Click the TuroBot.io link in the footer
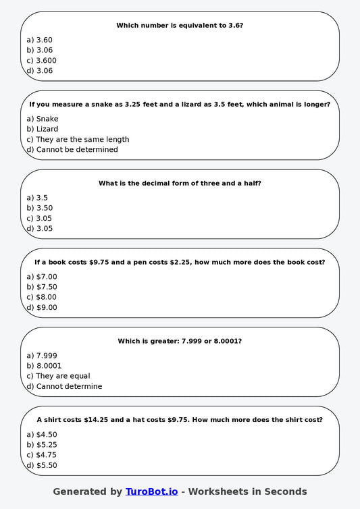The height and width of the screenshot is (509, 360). (x=151, y=491)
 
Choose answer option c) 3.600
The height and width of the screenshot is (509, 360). (x=41, y=60)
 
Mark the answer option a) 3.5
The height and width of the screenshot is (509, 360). (x=37, y=198)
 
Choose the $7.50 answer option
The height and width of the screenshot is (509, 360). (x=42, y=287)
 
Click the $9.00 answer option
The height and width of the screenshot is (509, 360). (x=42, y=307)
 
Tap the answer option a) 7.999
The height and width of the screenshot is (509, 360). (x=42, y=356)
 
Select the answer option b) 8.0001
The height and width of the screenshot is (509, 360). (x=44, y=366)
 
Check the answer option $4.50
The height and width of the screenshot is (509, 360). (x=42, y=435)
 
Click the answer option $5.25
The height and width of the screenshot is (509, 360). (x=42, y=445)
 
